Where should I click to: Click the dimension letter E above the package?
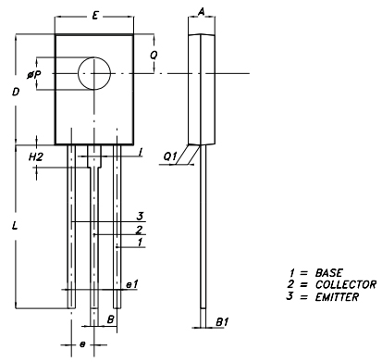click(x=95, y=15)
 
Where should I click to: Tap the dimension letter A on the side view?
click(x=202, y=12)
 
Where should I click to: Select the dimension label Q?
click(x=154, y=55)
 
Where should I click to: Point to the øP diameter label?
click(x=34, y=74)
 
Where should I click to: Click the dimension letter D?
click(x=16, y=92)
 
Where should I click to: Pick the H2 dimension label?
click(x=36, y=157)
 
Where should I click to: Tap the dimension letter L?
click(x=15, y=226)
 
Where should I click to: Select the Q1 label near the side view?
click(x=170, y=156)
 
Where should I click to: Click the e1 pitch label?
click(x=132, y=284)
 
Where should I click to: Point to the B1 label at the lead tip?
click(x=222, y=322)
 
